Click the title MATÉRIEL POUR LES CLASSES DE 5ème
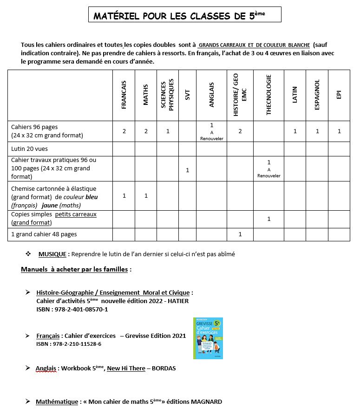point(184,16)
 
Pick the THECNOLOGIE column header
point(268,95)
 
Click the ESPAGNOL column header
point(317,95)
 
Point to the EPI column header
point(339,95)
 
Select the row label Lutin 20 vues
point(29,149)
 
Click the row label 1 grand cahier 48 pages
point(44,234)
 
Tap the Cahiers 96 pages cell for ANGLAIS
point(211,131)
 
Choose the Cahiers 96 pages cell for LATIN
point(295,131)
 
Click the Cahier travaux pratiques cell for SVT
point(187,170)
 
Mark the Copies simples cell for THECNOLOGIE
point(268,219)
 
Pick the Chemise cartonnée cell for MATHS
point(146,196)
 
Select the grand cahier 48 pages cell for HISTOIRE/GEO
point(240,234)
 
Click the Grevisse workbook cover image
point(208,338)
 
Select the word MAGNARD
point(206,401)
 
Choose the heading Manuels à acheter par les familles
point(76,269)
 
